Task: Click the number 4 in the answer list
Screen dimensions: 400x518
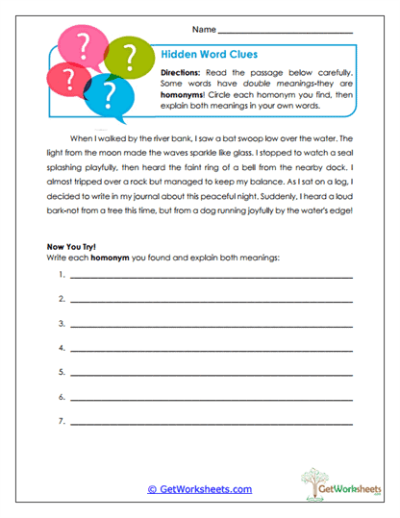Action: pyautogui.click(x=61, y=346)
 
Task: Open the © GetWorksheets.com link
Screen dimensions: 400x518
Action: pyautogui.click(x=199, y=489)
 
